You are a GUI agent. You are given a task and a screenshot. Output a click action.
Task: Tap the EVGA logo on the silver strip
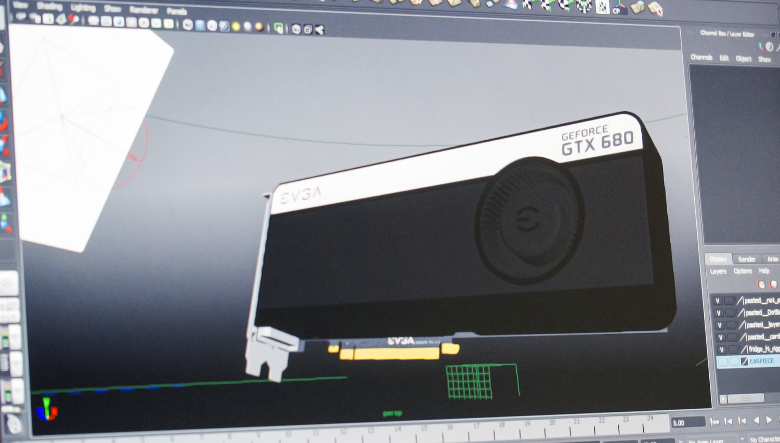coord(301,195)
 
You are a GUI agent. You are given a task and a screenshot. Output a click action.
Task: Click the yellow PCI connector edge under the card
coord(390,354)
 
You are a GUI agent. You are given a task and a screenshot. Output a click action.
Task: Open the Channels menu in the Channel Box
coord(701,57)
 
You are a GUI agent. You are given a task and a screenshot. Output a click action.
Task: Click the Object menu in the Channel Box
coord(743,59)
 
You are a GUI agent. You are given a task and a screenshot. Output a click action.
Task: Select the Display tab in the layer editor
coord(718,259)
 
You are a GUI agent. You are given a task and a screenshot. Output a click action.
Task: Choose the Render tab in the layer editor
coord(747,259)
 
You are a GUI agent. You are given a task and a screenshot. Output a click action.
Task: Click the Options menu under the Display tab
coord(743,271)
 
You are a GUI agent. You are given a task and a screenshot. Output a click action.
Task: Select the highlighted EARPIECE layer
coord(761,361)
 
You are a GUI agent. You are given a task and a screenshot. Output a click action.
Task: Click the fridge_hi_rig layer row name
coord(763,349)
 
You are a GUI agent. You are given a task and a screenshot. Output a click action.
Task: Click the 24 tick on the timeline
coord(650,418)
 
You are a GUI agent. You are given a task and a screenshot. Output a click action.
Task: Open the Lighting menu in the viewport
coord(83,8)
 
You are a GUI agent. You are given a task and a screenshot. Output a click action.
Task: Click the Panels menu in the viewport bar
coord(176,11)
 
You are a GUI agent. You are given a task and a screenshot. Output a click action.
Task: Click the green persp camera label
coord(392,413)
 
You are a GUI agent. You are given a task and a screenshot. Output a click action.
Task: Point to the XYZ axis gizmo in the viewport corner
coord(47,409)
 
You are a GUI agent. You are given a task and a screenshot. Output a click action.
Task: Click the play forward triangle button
coord(769,420)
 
